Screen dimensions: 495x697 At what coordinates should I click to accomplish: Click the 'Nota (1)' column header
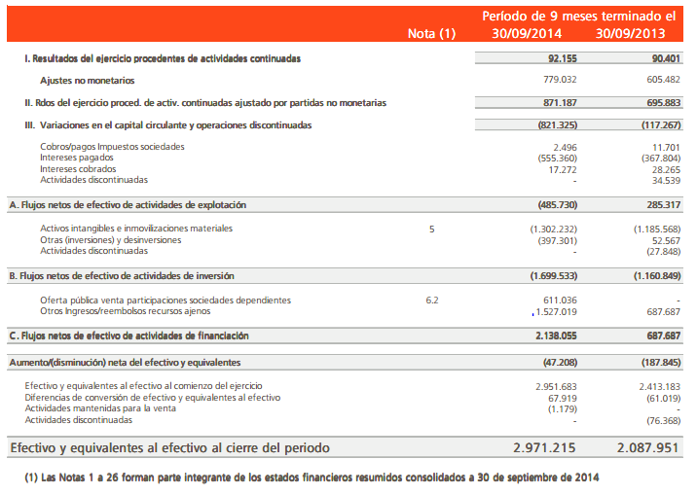[x=432, y=34]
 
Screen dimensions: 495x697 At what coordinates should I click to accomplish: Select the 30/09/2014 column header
[x=527, y=34]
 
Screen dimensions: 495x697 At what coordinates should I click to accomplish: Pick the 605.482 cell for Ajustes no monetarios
[x=659, y=79]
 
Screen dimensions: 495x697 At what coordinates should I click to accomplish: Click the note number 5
[x=432, y=229]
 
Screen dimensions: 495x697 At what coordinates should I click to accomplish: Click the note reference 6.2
[x=432, y=301]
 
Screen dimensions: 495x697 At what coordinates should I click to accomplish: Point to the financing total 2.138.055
[x=551, y=336]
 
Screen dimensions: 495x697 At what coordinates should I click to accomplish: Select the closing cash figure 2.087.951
[x=648, y=448]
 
